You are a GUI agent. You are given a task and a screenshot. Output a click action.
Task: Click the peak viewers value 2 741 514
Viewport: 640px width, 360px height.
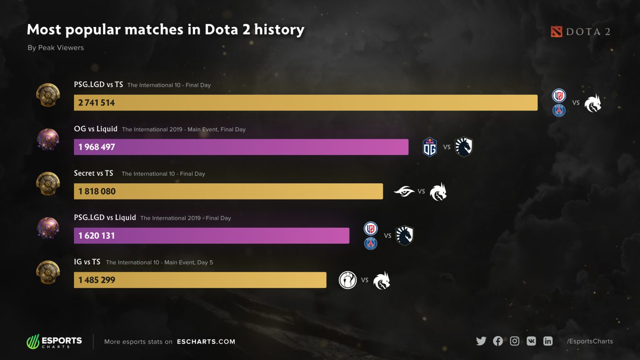96,103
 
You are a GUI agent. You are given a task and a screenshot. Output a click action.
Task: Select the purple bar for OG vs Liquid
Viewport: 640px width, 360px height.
241,147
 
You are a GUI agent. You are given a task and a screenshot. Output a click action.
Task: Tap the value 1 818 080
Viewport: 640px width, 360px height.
97,192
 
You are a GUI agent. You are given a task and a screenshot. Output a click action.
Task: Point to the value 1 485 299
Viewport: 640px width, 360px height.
96,280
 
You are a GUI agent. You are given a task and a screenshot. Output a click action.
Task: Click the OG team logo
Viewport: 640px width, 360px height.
430,147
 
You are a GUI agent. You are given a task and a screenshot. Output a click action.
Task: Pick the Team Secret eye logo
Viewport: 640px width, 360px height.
404,191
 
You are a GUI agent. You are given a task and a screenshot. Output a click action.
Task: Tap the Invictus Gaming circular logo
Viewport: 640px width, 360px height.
347,280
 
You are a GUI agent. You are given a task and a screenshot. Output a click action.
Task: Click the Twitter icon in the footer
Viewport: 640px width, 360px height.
481,341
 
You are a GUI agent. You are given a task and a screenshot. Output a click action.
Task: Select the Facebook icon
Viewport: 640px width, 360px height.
498,341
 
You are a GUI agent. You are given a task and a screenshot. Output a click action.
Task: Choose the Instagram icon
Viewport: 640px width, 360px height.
514,341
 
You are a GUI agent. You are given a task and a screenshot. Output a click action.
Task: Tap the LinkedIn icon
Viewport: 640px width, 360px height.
548,341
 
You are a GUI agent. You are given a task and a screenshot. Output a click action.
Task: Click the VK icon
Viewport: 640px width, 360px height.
531,341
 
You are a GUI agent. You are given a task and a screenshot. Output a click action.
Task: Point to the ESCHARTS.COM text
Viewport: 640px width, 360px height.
206,342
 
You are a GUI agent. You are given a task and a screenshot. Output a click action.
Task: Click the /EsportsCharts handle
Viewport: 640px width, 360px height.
590,341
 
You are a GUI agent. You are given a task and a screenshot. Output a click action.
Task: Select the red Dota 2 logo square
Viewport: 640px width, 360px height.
556,32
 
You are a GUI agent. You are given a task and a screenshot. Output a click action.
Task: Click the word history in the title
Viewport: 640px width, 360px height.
279,30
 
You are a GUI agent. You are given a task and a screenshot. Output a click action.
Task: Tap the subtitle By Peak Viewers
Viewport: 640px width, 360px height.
56,48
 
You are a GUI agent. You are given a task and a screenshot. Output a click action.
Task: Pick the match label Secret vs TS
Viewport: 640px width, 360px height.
94,173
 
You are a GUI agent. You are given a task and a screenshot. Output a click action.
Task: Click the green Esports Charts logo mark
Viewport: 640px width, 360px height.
33,342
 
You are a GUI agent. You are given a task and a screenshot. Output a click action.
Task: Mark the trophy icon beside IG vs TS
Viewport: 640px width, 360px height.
48,272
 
